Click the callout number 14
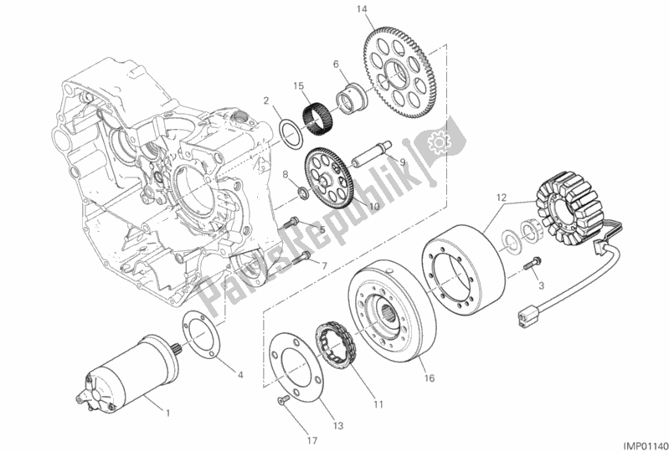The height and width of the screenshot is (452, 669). (362, 10)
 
